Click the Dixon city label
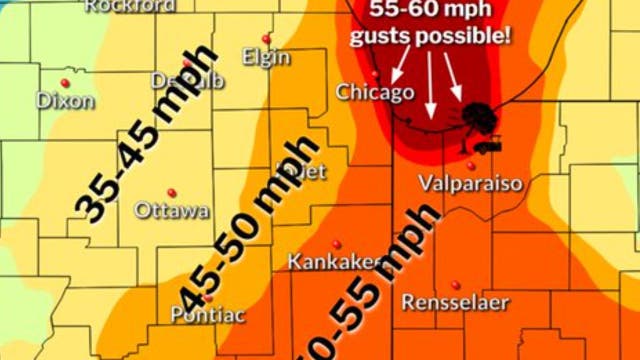coord(66,100)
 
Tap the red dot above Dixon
coord(65,82)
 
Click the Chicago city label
coord(375,92)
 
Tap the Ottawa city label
coord(172,210)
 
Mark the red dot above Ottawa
coord(171,192)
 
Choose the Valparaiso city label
coord(470,183)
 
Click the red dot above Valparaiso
coord(470,166)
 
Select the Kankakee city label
coord(336,262)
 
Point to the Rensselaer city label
coord(456,301)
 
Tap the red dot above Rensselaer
coord(456,284)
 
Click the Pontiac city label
coord(206,313)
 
